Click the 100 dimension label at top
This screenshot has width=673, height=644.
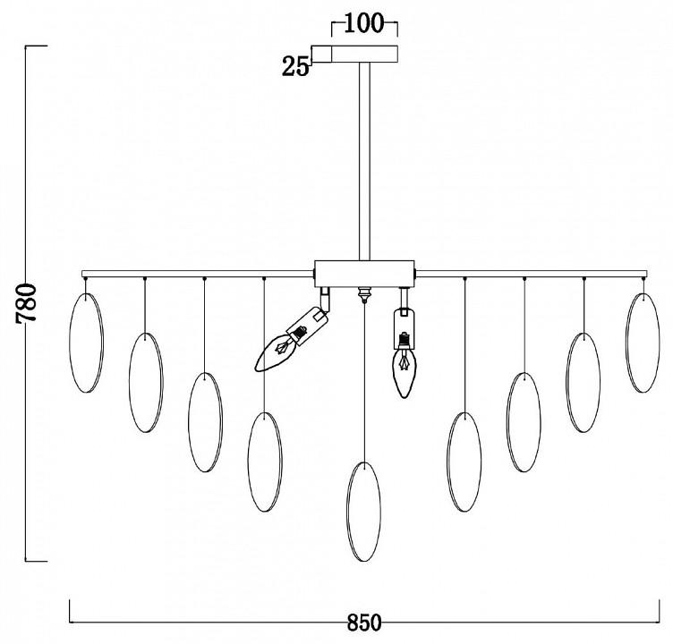pyautogui.click(x=363, y=23)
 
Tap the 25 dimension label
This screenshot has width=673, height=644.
pyautogui.click(x=295, y=67)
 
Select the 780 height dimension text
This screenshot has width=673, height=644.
pyautogui.click(x=27, y=302)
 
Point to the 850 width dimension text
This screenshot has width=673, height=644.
pyautogui.click(x=364, y=623)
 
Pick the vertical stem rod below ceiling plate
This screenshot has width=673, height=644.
pyautogui.click(x=364, y=161)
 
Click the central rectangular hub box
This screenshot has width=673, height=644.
pyautogui.click(x=364, y=274)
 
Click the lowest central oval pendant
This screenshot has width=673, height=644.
pyautogui.click(x=364, y=512)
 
